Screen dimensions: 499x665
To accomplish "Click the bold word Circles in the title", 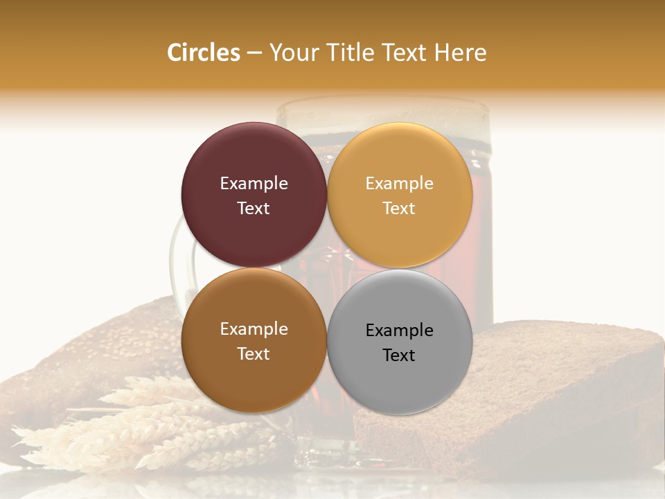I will click(203, 53).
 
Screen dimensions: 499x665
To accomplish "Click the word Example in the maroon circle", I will click(254, 184).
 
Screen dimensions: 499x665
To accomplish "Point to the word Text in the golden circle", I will click(399, 209).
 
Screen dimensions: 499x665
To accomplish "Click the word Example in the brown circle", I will click(254, 329).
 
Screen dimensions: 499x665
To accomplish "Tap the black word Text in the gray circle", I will click(399, 356).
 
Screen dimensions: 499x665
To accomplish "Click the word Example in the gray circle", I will click(400, 331).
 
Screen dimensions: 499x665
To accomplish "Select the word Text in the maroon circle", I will click(254, 209).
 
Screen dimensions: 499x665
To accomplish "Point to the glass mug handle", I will click(176, 263).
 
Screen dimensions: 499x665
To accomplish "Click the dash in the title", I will click(254, 53).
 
